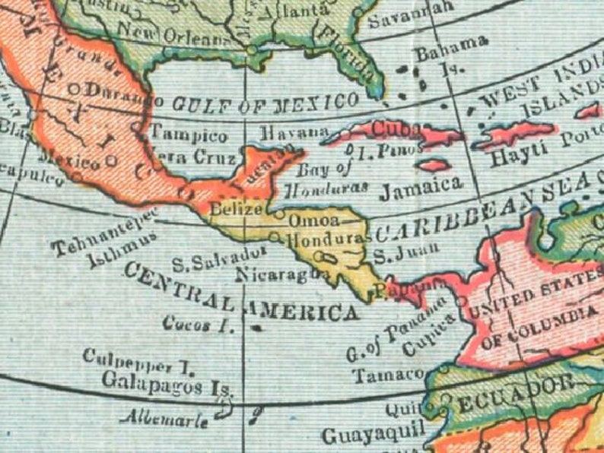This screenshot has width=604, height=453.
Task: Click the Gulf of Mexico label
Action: click(x=265, y=103)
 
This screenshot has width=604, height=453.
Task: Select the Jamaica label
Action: click(x=421, y=185)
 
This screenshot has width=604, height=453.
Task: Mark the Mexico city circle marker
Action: click(x=112, y=160)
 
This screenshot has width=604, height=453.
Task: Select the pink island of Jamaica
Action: click(x=433, y=165)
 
